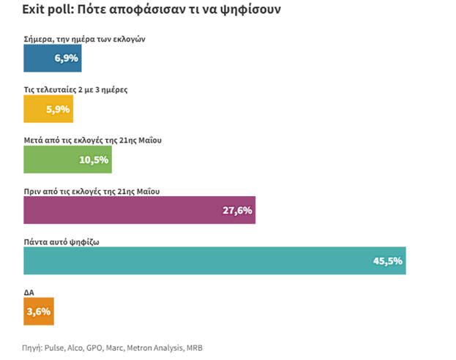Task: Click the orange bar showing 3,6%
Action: (x=38, y=311)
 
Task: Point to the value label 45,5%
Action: (x=388, y=261)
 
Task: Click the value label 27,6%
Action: (x=237, y=211)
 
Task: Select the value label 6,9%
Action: (x=66, y=59)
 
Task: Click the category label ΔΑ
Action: (x=29, y=292)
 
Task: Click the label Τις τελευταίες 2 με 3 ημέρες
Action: (x=77, y=90)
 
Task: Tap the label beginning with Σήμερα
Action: (x=84, y=40)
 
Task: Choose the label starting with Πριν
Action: (x=92, y=191)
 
